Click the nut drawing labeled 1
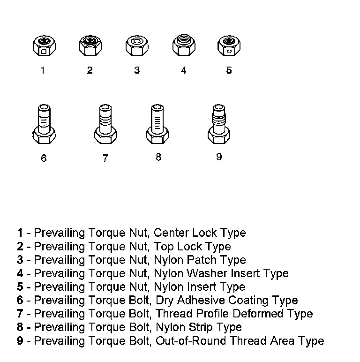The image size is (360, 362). (x=43, y=46)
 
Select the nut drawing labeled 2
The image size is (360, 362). (x=89, y=46)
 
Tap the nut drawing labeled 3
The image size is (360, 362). (x=136, y=46)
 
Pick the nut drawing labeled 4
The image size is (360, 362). (x=183, y=46)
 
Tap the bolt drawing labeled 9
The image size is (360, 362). (x=218, y=124)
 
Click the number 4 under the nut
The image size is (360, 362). (x=183, y=70)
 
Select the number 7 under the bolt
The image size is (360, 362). (x=105, y=158)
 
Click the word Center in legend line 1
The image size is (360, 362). (x=170, y=233)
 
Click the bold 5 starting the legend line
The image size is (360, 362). (x=20, y=287)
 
